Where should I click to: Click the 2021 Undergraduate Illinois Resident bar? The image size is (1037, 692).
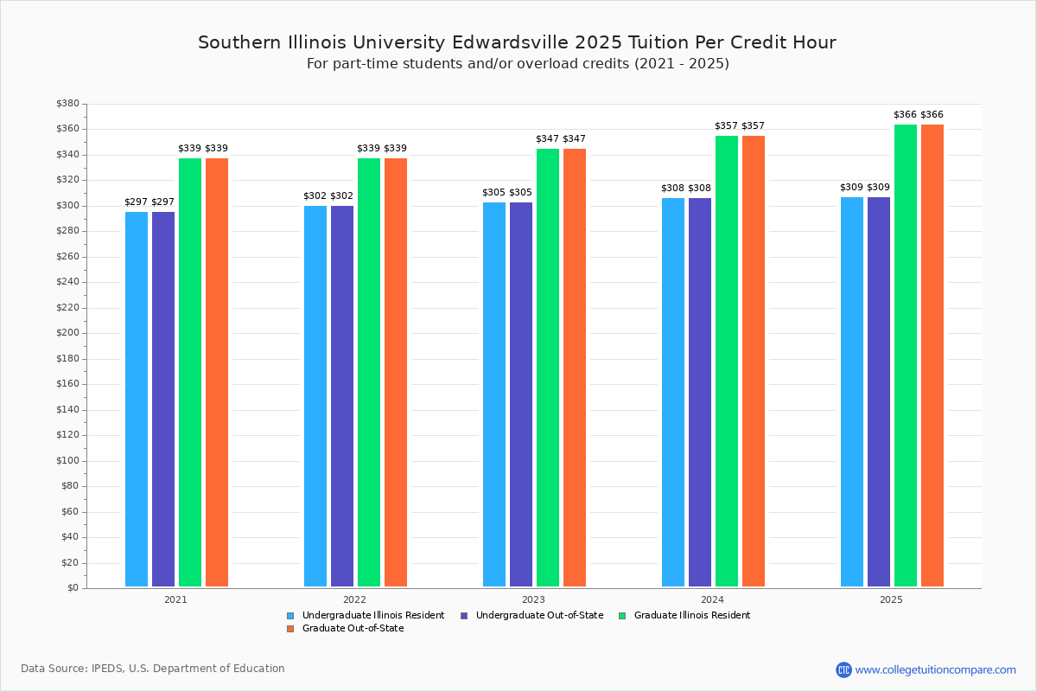click(137, 399)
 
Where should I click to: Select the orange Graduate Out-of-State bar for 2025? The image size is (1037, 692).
click(932, 356)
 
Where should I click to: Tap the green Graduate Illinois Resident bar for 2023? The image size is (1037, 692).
click(548, 368)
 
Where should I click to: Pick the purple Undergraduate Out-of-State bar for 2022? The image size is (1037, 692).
click(342, 396)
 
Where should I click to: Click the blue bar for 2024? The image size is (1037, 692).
click(673, 393)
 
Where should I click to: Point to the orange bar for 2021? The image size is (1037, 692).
click(217, 372)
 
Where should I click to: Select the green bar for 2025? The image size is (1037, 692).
click(906, 356)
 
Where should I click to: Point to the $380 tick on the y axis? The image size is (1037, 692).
click(67, 104)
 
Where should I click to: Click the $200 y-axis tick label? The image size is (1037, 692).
click(67, 333)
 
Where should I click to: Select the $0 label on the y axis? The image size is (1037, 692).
click(73, 588)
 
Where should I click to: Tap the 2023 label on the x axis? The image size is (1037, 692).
click(533, 599)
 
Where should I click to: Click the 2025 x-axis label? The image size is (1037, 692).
click(891, 599)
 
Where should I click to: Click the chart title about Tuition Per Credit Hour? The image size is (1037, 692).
click(517, 42)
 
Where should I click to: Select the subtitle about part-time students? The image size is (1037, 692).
click(518, 64)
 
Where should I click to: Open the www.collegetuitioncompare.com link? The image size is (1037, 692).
click(935, 670)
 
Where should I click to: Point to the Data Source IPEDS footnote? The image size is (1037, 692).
click(153, 669)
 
